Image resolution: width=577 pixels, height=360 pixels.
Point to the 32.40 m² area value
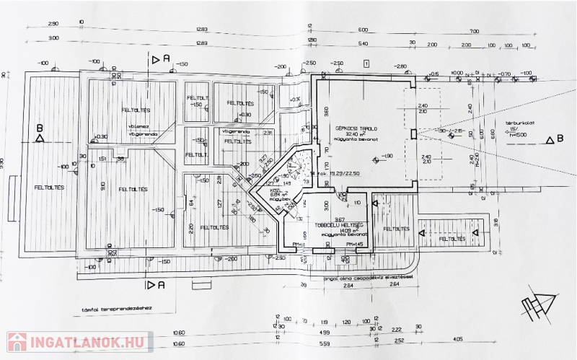click(x=353, y=134)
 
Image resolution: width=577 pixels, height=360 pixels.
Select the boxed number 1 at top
click(x=367, y=64)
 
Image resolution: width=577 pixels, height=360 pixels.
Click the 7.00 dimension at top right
click(x=473, y=31)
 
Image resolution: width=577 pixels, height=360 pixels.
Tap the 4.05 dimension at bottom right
click(x=458, y=338)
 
